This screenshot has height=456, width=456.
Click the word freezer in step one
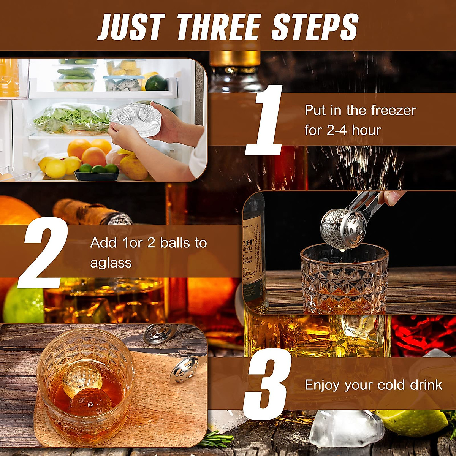394,111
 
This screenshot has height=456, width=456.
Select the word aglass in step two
111,263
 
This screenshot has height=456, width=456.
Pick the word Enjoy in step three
323,385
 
